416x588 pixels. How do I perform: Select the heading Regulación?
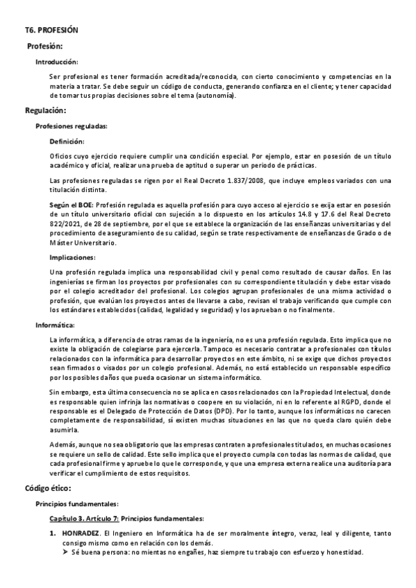[46, 110]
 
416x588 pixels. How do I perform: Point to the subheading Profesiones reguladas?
[72, 126]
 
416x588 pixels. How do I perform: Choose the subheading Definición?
[69, 141]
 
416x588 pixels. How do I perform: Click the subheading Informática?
[55, 325]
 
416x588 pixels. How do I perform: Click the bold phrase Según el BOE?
[72, 206]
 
